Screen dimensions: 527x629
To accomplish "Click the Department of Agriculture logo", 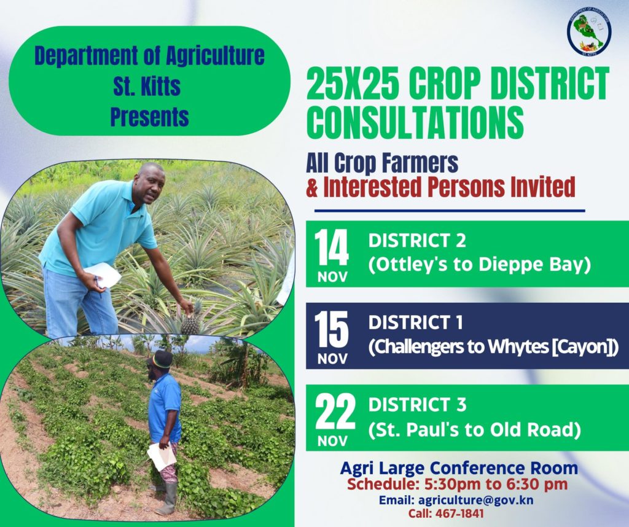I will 589,32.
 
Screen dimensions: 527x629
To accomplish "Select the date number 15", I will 332,331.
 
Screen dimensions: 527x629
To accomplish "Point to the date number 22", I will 335,413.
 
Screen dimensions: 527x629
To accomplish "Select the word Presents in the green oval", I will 150,116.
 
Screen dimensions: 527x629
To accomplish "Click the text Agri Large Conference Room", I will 459,469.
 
